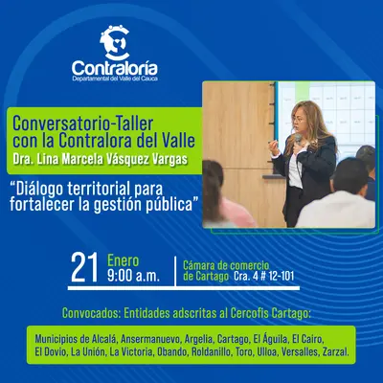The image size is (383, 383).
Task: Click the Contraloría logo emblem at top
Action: (115, 41)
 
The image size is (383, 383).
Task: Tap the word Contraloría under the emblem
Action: (115, 69)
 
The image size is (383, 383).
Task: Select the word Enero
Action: (122, 259)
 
